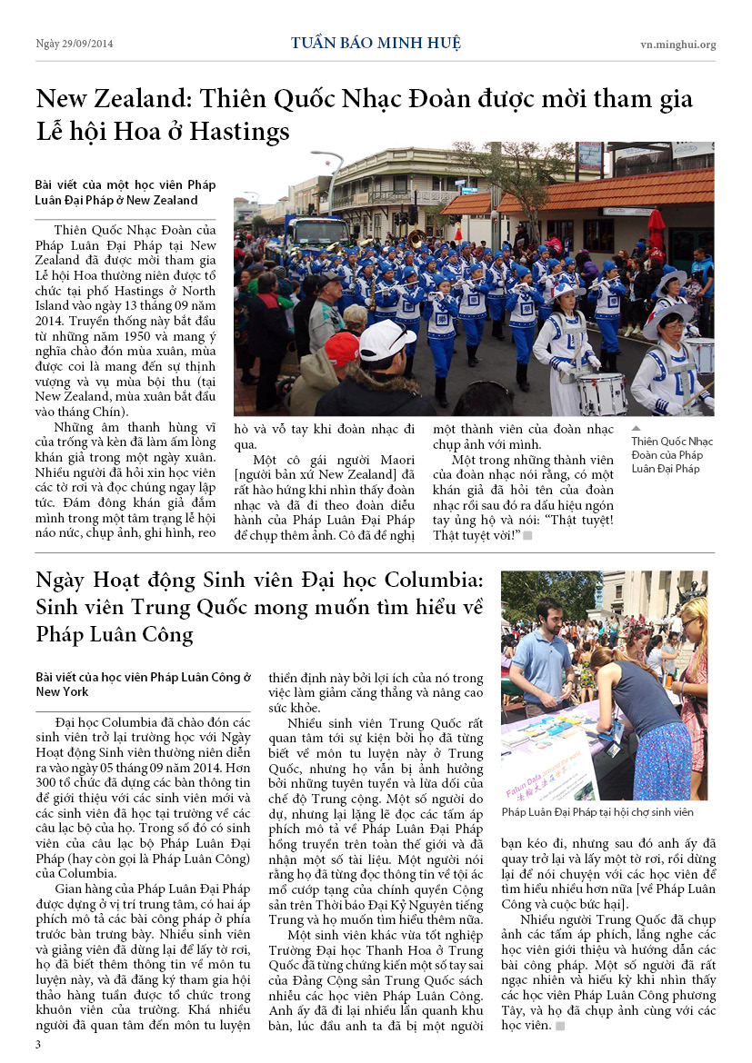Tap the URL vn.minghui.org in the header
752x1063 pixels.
(x=677, y=45)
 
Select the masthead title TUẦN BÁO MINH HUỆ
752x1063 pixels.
(x=376, y=44)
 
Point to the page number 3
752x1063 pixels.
(x=38, y=1045)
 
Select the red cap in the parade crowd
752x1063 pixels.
(x=342, y=347)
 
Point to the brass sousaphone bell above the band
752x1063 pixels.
(x=416, y=239)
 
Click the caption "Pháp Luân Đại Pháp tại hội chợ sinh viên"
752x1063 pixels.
(x=597, y=812)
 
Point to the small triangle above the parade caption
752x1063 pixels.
(x=636, y=427)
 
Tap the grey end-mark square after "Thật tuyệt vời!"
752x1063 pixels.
(x=527, y=535)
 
